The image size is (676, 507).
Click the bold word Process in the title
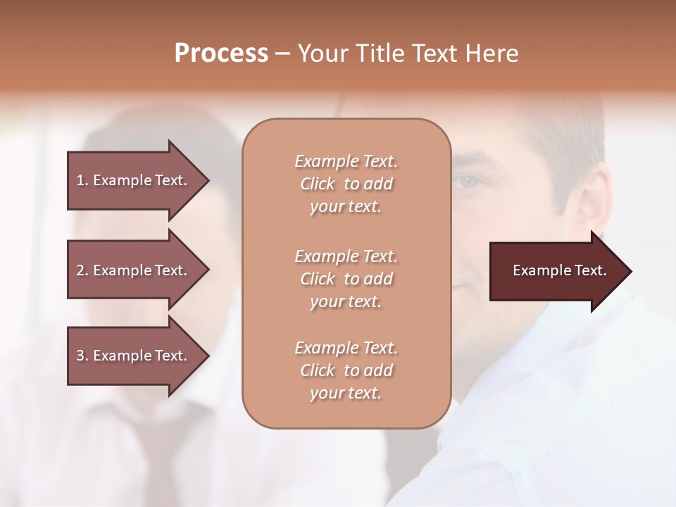pos(221,54)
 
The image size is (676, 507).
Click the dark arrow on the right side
pos(556,271)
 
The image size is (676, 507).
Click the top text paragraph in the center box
pos(346,184)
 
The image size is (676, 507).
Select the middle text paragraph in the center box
pos(346,279)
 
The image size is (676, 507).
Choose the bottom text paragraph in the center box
pos(346,370)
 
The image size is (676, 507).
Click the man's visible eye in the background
pos(469,182)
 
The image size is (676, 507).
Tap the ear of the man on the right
pos(593,201)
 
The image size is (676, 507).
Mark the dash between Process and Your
pos(283,54)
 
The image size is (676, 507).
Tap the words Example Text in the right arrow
pos(559,271)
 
